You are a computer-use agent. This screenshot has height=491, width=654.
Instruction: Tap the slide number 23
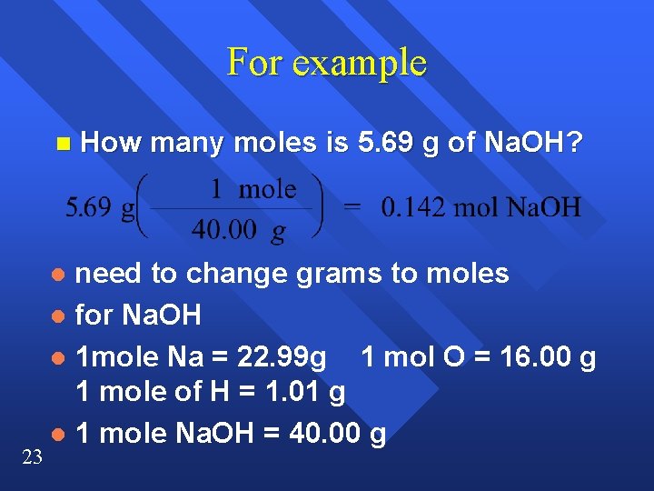tap(31, 458)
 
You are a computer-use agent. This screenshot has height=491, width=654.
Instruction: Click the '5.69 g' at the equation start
tap(99, 208)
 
